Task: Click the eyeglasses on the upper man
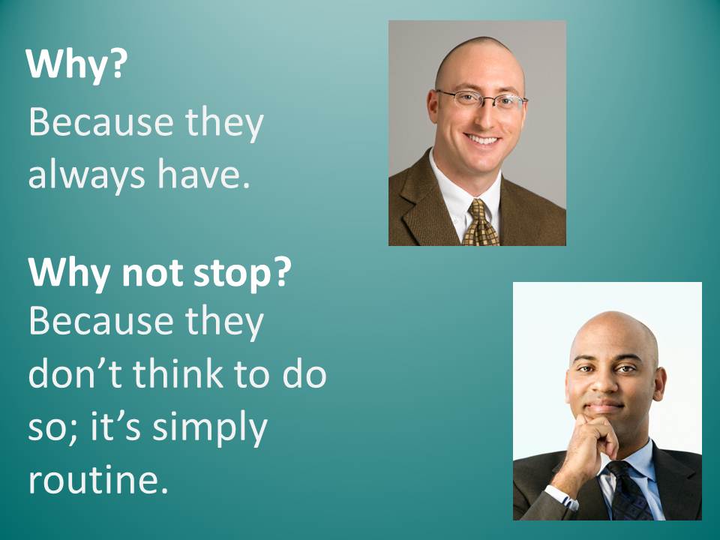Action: [481, 99]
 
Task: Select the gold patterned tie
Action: [480, 224]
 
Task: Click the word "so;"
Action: [52, 428]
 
